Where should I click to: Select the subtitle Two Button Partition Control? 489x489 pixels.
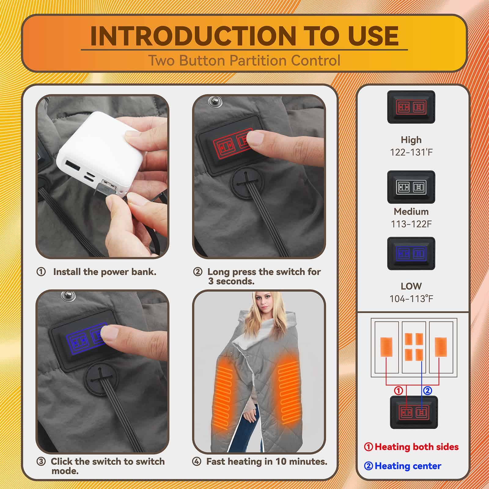(244, 61)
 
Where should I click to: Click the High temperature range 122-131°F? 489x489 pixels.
(411, 152)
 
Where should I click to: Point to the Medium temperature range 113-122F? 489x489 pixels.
(411, 224)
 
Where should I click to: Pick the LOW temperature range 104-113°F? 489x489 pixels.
(411, 299)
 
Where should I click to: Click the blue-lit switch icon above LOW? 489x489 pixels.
(411, 253)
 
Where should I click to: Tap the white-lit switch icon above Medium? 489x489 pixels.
(411, 187)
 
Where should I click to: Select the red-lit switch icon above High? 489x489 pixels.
(411, 107)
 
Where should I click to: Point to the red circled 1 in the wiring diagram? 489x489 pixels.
(399, 390)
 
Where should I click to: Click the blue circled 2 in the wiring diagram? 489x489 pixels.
(427, 390)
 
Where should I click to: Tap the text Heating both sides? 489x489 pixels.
(417, 447)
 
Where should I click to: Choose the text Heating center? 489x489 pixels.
(408, 466)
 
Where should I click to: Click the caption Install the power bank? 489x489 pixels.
(105, 272)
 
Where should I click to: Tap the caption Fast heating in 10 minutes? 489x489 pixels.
(267, 461)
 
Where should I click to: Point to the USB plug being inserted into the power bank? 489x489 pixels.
(105, 188)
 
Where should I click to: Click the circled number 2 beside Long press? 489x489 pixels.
(198, 272)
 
